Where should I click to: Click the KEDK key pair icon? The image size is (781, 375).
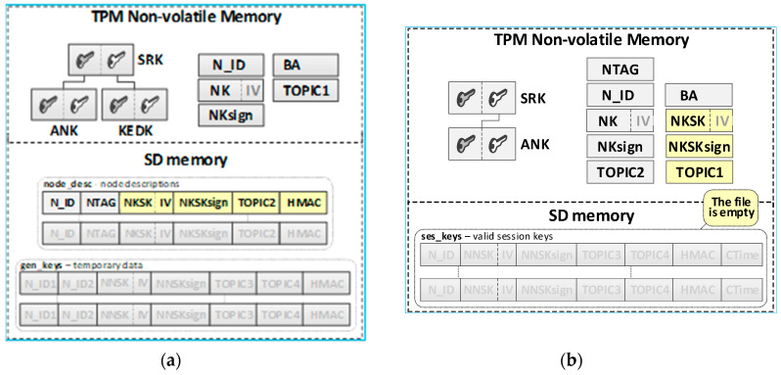131,105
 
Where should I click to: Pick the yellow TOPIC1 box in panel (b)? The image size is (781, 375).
699,171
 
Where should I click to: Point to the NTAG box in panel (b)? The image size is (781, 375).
619,70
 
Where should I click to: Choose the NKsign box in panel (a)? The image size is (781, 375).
230,115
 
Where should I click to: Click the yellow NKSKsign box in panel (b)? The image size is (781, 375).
699,147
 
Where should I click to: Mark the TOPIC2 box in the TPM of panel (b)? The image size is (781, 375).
619,171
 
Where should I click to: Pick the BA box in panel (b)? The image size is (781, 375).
699,96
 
